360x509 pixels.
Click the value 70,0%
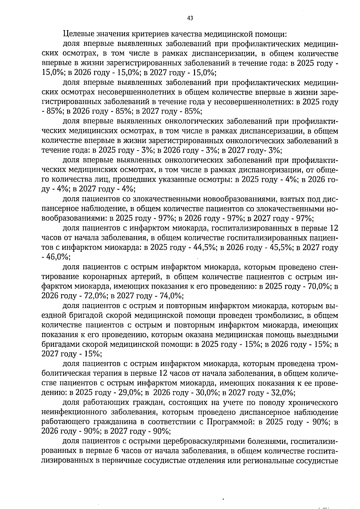[319, 286]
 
